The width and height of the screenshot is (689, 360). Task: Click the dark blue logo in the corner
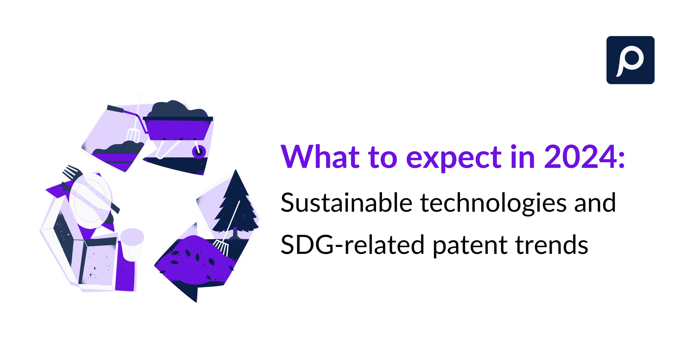coord(630,60)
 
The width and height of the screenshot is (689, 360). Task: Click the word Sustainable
coord(346,203)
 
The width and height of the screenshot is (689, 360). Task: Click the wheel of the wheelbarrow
coord(199,152)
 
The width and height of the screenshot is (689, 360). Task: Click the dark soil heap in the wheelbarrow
coord(177,110)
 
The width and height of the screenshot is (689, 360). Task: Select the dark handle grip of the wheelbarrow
coord(115,109)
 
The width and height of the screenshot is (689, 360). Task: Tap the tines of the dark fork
coord(71,171)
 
